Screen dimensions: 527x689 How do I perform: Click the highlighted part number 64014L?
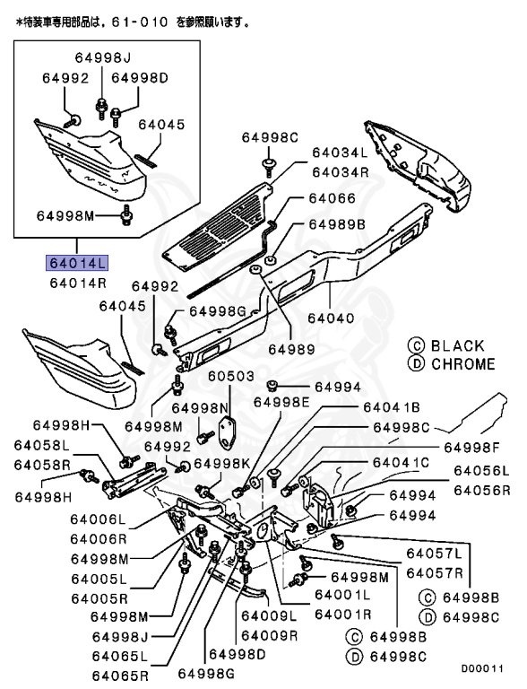pos(77,263)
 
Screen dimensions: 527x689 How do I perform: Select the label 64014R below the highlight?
pos(78,283)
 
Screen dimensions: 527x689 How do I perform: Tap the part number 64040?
pos(331,318)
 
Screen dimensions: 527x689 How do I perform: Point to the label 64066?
pos(332,198)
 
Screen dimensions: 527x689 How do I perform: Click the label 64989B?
pos(337,224)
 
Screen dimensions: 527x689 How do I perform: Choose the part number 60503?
pos(231,376)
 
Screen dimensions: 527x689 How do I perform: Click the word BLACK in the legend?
pos(458,345)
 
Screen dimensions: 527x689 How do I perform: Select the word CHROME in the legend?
pos(463,364)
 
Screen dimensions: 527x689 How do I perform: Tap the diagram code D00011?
pos(482,668)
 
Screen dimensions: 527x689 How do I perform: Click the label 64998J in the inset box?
pos(103,57)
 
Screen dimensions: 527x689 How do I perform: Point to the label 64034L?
pos(340,153)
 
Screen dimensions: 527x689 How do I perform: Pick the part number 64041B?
pos(392,407)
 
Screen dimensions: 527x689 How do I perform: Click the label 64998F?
pos(472,448)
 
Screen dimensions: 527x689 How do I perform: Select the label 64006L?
pos(98,519)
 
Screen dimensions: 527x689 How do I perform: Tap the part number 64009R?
pos(269,635)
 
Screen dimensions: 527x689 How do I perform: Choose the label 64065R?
pos(120,676)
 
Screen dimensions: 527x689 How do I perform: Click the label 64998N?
pos(200,408)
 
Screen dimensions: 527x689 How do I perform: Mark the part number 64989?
pos(291,349)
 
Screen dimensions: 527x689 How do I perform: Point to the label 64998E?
pos(281,402)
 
